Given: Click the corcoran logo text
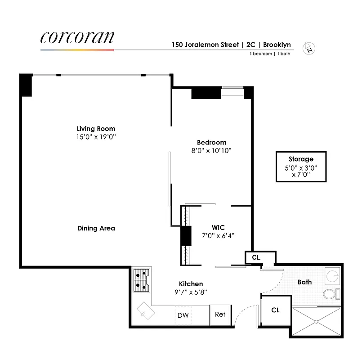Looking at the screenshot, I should (77, 37).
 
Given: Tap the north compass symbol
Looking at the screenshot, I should (310, 48).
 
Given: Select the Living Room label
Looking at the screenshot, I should (96, 128).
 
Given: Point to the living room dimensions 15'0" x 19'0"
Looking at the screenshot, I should (96, 137).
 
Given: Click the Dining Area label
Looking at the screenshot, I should (96, 228).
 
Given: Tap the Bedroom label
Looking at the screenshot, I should (211, 142).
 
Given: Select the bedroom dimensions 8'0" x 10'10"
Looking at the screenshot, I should (211, 151).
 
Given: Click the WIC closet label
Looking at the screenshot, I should (218, 227).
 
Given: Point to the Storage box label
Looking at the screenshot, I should (301, 159).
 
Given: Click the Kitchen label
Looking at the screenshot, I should (191, 284).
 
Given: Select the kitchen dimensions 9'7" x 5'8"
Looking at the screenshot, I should (191, 292).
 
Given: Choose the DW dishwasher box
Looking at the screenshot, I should (183, 315).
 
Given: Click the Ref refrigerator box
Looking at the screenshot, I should (220, 315).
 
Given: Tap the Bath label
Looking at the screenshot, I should (304, 282).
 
